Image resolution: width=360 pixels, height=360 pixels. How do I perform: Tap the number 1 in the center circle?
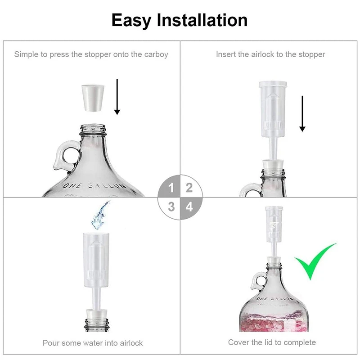coord(171,188)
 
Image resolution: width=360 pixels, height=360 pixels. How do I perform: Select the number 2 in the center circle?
coord(189,188)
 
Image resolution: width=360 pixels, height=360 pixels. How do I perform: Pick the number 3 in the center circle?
coord(171,207)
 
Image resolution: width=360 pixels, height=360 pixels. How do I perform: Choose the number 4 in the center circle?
coord(189,207)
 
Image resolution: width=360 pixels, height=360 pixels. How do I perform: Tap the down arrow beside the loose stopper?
coord(117,96)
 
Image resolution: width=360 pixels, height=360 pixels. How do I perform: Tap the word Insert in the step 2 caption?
coord(226,54)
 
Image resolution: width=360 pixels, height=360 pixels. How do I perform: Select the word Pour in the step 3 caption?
coord(51,343)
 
